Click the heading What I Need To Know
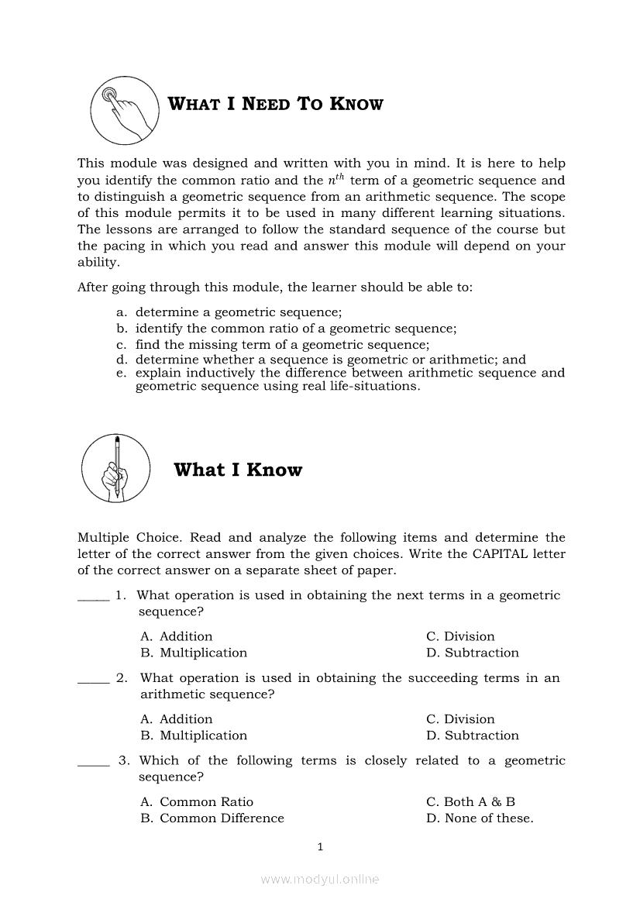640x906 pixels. [x=276, y=104]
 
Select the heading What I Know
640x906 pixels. [x=238, y=470]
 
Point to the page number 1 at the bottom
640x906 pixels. [x=320, y=846]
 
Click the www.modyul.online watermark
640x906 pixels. [x=320, y=880]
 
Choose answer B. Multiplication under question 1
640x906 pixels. [x=194, y=653]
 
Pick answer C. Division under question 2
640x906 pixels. [x=460, y=719]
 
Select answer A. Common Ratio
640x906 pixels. [x=197, y=801]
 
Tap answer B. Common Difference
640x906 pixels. [x=212, y=818]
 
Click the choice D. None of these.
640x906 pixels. [x=480, y=818]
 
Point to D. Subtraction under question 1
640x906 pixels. [x=473, y=653]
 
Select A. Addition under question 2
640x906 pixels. [x=177, y=719]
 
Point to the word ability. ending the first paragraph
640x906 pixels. [x=98, y=262]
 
